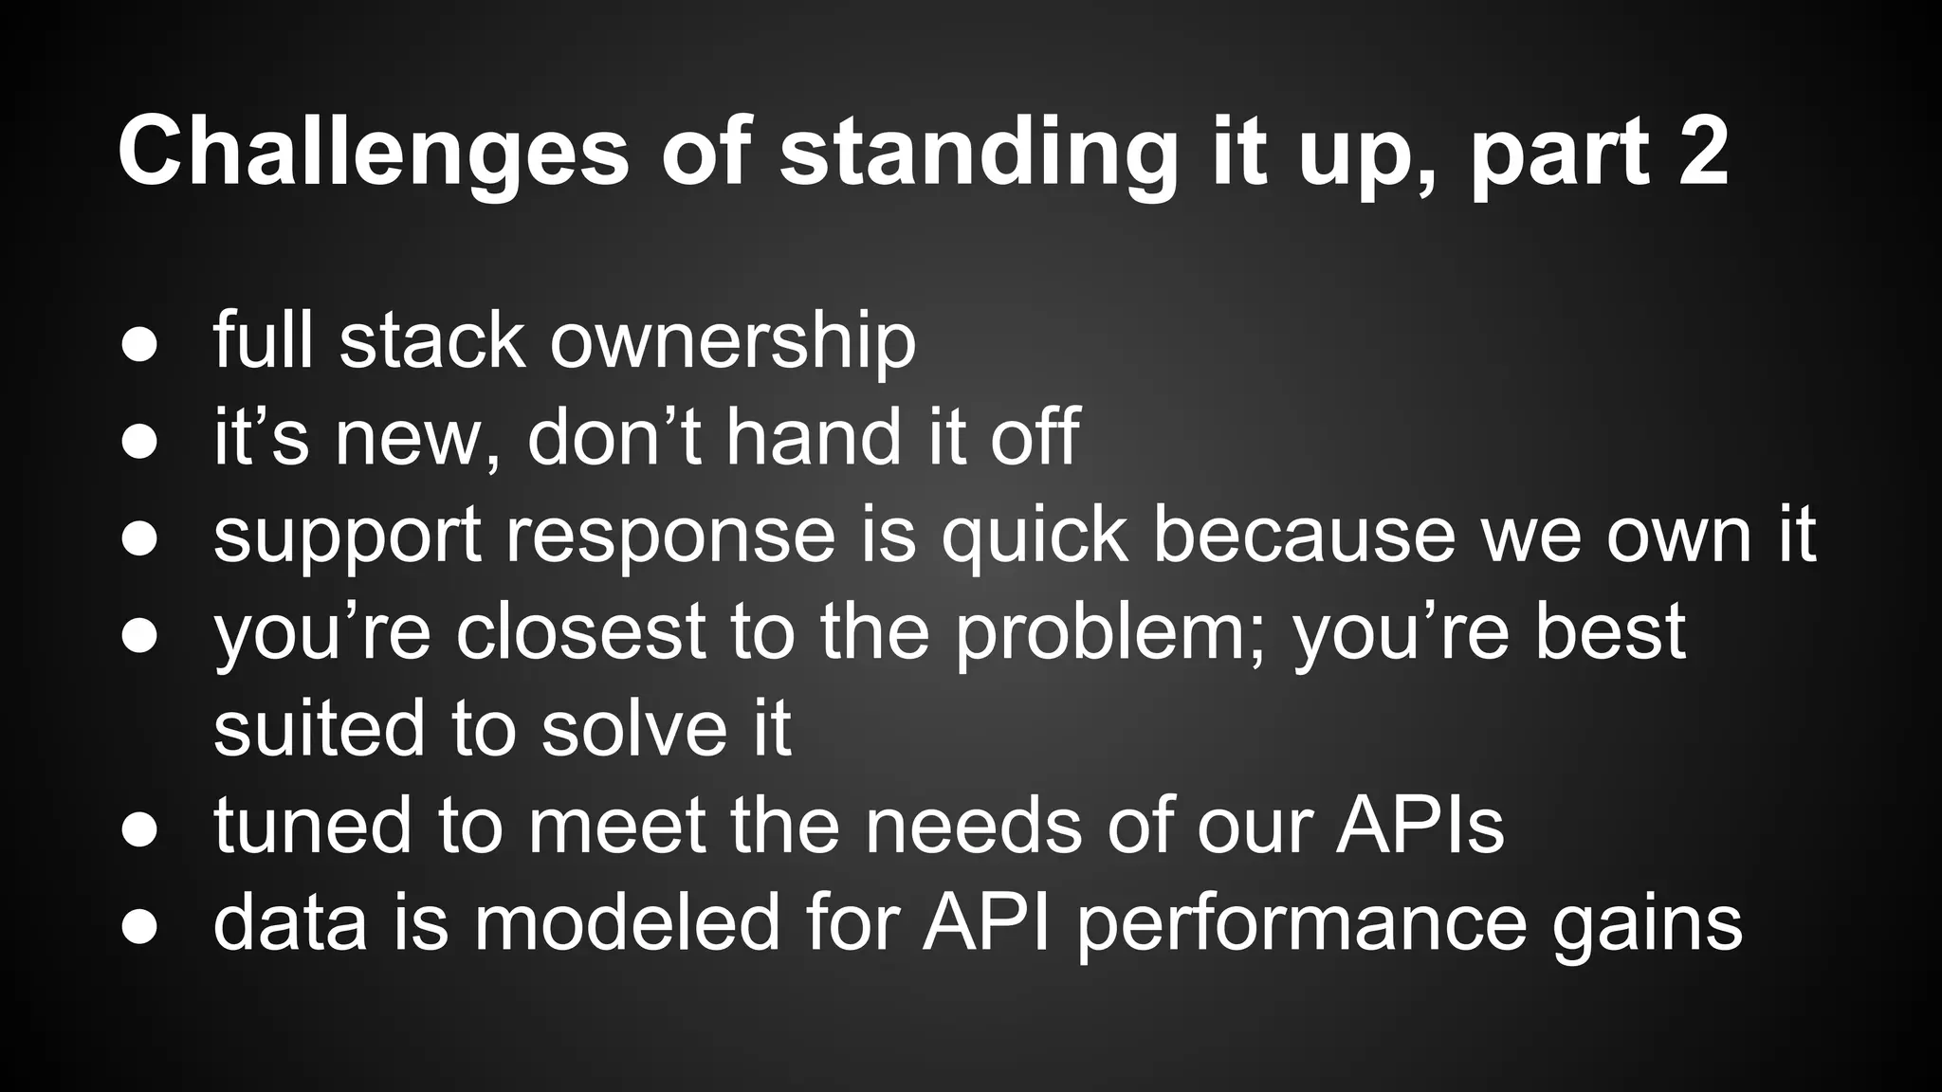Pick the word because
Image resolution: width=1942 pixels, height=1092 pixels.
tap(1304, 536)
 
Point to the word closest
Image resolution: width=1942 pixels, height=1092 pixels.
tap(579, 632)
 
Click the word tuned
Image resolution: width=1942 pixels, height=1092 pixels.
tap(312, 825)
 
